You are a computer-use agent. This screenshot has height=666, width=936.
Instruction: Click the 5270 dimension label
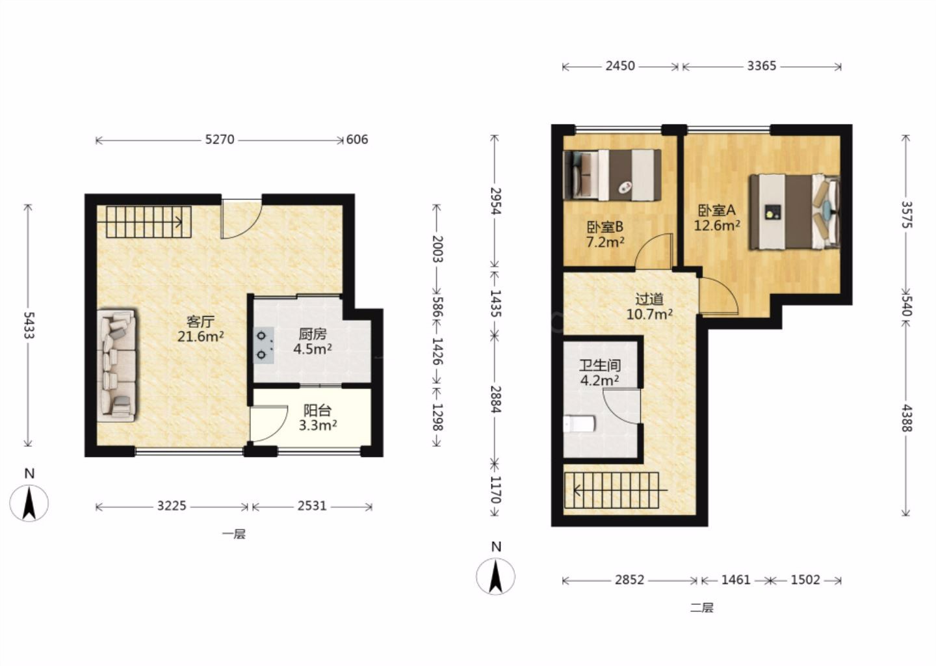pyautogui.click(x=220, y=140)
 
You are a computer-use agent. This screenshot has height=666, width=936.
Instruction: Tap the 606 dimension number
pyautogui.click(x=357, y=140)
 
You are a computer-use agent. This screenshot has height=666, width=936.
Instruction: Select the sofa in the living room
pyautogui.click(x=116, y=366)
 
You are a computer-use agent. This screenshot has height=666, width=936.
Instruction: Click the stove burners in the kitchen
pyautogui.click(x=263, y=345)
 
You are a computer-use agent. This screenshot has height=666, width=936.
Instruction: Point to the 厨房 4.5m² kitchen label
pyautogui.click(x=313, y=341)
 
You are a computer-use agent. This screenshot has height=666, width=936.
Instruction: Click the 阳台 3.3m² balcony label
pyautogui.click(x=318, y=418)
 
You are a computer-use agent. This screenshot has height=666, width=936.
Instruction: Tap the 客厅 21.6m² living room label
pyautogui.click(x=201, y=329)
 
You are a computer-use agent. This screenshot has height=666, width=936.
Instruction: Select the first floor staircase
pyautogui.click(x=144, y=222)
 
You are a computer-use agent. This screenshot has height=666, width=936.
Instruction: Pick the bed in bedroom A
pyautogui.click(x=794, y=212)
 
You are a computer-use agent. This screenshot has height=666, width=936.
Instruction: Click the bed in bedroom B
pyautogui.click(x=612, y=175)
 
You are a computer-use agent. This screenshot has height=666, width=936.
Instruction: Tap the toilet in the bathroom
pyautogui.click(x=578, y=424)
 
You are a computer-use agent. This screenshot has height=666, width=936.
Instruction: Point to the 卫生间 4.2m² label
pyautogui.click(x=600, y=373)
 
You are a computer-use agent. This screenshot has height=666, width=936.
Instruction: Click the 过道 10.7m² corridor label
pyautogui.click(x=649, y=306)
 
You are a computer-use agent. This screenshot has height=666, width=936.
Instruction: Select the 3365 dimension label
pyautogui.click(x=762, y=66)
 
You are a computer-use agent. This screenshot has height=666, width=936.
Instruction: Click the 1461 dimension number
pyautogui.click(x=736, y=580)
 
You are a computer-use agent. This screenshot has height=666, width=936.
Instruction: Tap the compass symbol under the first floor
pyautogui.click(x=29, y=503)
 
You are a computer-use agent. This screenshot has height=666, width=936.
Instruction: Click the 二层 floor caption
pyautogui.click(x=702, y=607)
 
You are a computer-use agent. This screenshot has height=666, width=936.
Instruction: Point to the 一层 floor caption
pyautogui.click(x=234, y=534)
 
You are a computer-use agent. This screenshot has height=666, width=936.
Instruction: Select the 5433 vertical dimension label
pyautogui.click(x=29, y=325)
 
